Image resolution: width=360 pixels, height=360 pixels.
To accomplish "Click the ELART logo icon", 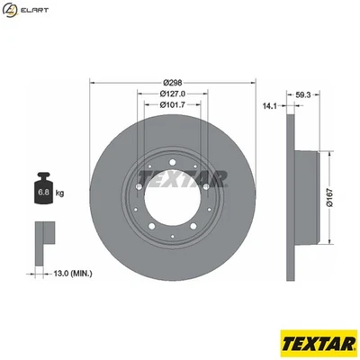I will [x=12, y=12].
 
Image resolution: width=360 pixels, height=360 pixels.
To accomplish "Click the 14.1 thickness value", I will [x=268, y=105].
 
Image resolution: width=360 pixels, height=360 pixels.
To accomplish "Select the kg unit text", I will [x=59, y=192].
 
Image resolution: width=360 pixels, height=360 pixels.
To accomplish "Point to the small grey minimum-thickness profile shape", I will [x=42, y=235].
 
